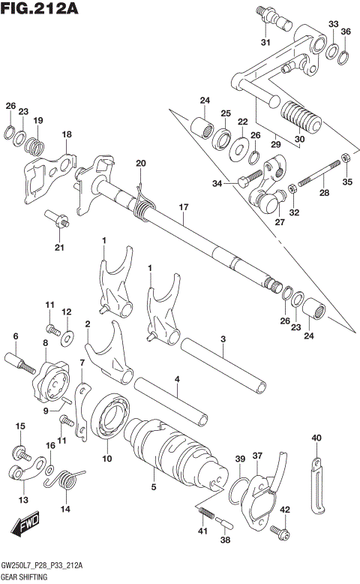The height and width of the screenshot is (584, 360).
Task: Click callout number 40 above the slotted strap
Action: pyautogui.click(x=316, y=438)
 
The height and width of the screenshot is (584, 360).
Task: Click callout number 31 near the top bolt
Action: pyautogui.click(x=264, y=41)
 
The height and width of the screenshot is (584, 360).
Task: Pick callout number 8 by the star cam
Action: pyautogui.click(x=46, y=343)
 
